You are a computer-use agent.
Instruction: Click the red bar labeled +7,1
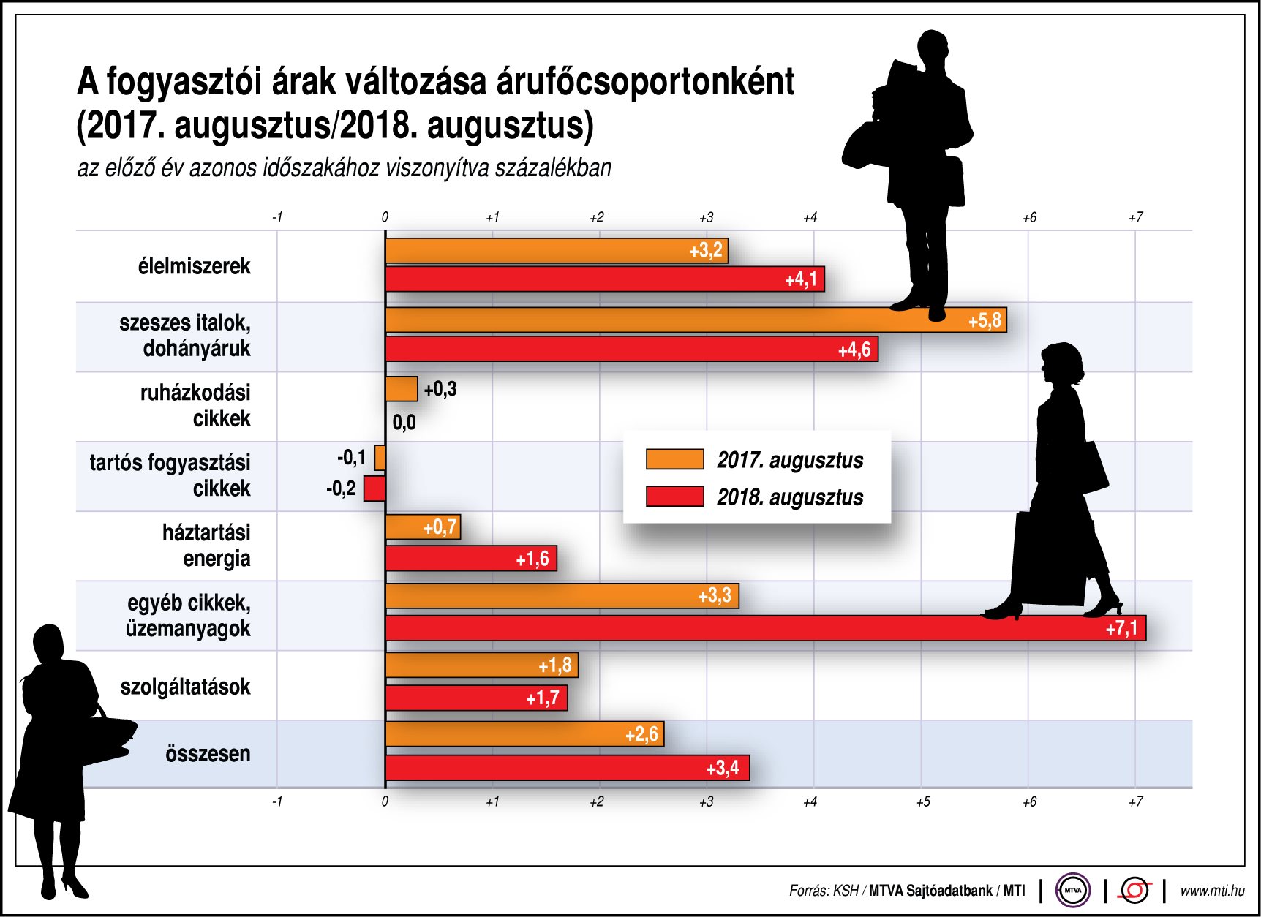(x=764, y=628)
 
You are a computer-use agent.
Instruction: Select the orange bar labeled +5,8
(x=695, y=320)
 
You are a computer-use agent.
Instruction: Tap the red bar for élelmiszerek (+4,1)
(x=604, y=279)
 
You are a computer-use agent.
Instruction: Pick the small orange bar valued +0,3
(x=402, y=389)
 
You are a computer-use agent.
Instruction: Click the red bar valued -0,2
(x=374, y=488)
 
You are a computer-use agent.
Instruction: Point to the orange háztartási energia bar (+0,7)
(x=422, y=527)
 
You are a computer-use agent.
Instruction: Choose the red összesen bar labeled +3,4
(x=567, y=768)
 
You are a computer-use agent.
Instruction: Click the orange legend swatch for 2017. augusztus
(x=674, y=459)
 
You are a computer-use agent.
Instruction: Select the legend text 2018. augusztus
(x=789, y=497)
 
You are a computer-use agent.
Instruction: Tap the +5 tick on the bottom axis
(x=923, y=802)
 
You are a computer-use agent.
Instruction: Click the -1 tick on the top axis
(x=277, y=217)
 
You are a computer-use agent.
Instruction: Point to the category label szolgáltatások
(x=185, y=687)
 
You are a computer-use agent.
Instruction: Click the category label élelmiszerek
(x=194, y=266)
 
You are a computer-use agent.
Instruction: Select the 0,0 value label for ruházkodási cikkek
(x=404, y=423)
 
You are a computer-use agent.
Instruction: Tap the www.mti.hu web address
(x=1212, y=891)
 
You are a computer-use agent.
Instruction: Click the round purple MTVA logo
(x=1072, y=891)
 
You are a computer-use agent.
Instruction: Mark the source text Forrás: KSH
(x=823, y=891)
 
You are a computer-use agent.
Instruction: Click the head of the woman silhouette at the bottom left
(x=49, y=644)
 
